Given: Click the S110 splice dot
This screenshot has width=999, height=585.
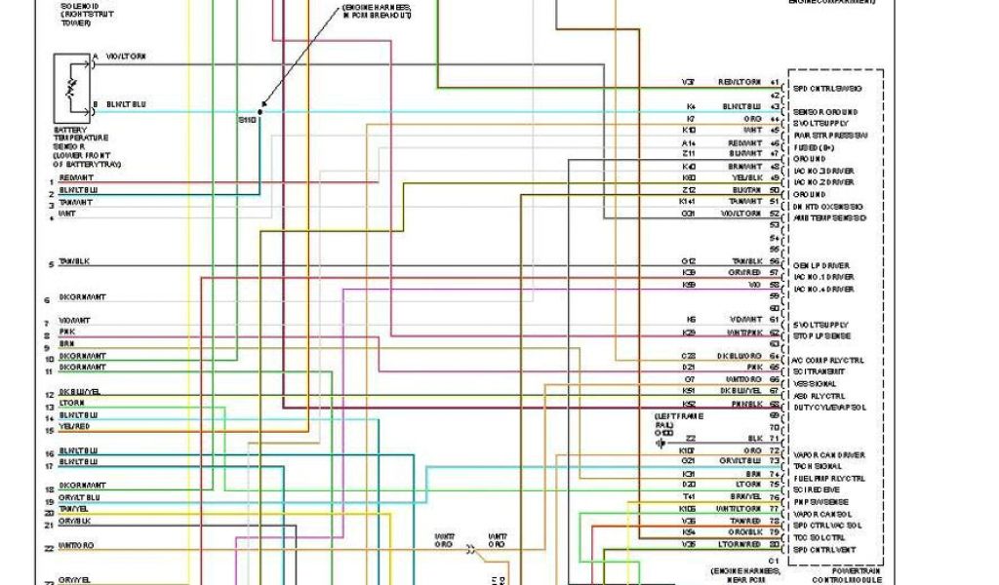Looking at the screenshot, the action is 260,111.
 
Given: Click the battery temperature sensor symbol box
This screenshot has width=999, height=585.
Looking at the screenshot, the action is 70,89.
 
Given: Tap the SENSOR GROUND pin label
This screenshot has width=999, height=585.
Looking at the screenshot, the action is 824,112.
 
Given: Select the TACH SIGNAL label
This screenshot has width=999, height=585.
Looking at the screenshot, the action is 818,466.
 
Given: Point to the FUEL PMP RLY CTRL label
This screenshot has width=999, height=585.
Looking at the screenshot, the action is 828,478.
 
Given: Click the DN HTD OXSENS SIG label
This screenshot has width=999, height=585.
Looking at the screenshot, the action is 828,207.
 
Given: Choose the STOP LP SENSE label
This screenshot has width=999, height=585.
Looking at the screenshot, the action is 821,336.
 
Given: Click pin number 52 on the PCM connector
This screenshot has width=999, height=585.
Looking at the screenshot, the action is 775,214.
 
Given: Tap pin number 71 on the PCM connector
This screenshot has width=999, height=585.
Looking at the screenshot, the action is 775,439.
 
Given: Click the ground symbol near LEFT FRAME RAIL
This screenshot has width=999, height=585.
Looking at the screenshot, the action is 661,443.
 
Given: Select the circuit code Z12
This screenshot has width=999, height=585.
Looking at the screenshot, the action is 689,189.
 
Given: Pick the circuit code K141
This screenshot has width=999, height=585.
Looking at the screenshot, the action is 689,201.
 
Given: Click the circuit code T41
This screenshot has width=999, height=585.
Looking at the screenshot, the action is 689,496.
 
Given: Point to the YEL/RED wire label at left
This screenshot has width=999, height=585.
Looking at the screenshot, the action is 74,426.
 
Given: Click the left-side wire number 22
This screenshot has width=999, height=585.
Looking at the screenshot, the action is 48,549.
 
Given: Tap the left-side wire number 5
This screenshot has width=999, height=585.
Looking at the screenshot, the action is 49,264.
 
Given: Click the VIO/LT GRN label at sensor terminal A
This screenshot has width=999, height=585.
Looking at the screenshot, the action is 127,58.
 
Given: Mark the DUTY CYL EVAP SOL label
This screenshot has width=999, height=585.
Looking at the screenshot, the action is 830,407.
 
